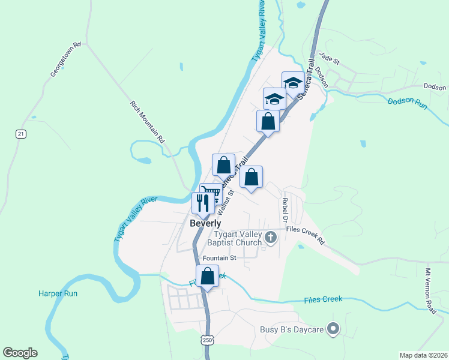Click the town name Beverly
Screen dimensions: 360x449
point(206,223)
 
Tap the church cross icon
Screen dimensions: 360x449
point(271,238)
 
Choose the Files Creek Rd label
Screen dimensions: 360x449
point(305,235)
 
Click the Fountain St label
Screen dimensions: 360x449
point(220,258)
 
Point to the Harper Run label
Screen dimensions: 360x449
point(58,293)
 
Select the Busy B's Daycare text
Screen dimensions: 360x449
point(292,329)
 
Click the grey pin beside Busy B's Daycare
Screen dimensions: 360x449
point(334,328)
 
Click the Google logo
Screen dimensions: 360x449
point(20,353)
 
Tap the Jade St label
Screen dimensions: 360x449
point(330,58)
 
